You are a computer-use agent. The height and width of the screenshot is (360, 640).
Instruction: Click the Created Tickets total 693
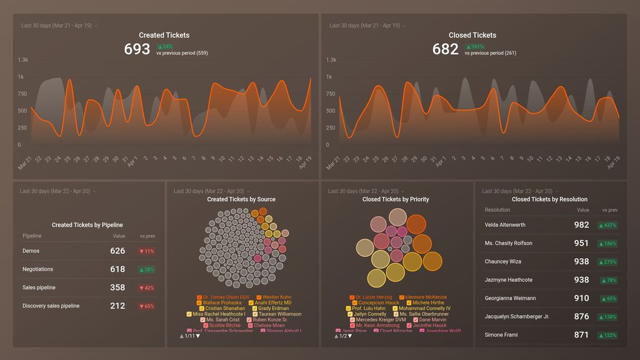[137, 49]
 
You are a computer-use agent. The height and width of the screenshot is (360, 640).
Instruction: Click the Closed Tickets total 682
[445, 49]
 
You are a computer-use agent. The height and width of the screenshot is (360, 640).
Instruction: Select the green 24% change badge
[165, 46]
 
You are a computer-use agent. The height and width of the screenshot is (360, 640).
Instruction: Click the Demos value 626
[117, 251]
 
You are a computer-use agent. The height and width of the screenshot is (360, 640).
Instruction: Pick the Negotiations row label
[37, 269]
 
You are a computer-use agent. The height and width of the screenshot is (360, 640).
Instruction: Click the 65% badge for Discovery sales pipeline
[146, 306]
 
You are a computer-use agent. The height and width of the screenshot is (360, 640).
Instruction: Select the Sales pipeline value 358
[117, 287]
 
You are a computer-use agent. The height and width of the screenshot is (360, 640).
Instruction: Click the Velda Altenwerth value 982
[581, 225]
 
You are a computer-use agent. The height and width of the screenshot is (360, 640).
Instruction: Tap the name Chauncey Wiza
[502, 262]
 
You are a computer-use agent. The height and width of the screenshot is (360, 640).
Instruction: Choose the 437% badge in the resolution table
[607, 226]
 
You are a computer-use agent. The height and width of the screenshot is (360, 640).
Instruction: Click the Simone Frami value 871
[581, 335]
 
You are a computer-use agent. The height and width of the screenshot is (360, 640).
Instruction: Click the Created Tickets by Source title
[241, 199]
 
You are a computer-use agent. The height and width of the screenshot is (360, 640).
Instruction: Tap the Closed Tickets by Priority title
[396, 199]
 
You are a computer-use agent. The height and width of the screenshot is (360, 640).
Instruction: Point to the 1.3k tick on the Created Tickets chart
[23, 60]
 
